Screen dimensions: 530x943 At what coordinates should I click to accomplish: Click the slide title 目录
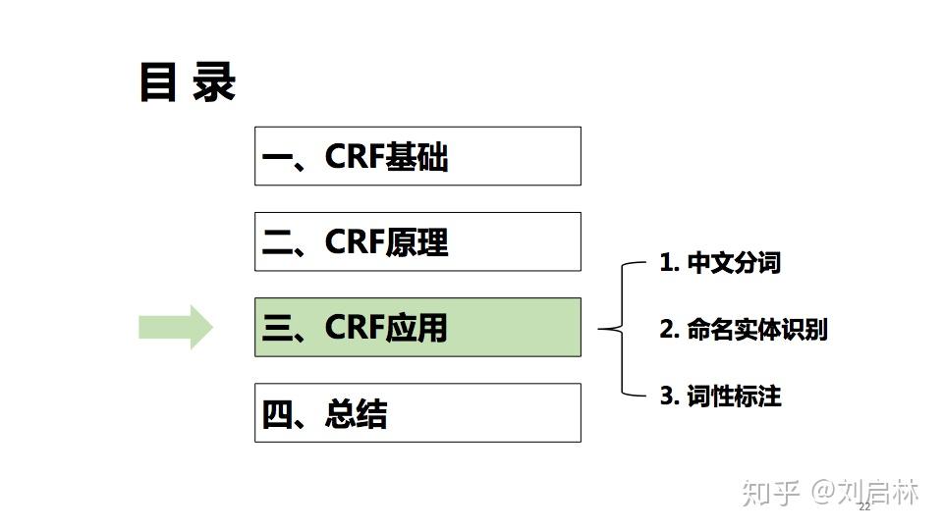click(187, 83)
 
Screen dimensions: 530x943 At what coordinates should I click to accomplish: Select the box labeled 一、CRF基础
click(417, 156)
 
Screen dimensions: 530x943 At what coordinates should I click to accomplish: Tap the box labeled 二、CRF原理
click(417, 241)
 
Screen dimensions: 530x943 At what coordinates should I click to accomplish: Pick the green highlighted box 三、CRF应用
click(417, 327)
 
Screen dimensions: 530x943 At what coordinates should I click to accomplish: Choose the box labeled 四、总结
click(417, 412)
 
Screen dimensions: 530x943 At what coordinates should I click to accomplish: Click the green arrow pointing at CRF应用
click(176, 327)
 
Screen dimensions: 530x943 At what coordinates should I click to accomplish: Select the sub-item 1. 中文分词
click(720, 263)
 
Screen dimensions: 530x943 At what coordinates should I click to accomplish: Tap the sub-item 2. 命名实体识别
click(743, 330)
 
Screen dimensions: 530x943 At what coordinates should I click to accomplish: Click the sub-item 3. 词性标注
click(720, 396)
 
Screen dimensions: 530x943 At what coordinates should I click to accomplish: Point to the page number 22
click(864, 506)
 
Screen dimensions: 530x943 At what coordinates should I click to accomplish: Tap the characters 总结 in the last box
click(356, 414)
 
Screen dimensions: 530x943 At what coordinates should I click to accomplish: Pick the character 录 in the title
click(213, 83)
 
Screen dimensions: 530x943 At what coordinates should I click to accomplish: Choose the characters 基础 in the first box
click(416, 157)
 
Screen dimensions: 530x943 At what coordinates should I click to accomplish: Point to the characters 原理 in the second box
click(416, 242)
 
